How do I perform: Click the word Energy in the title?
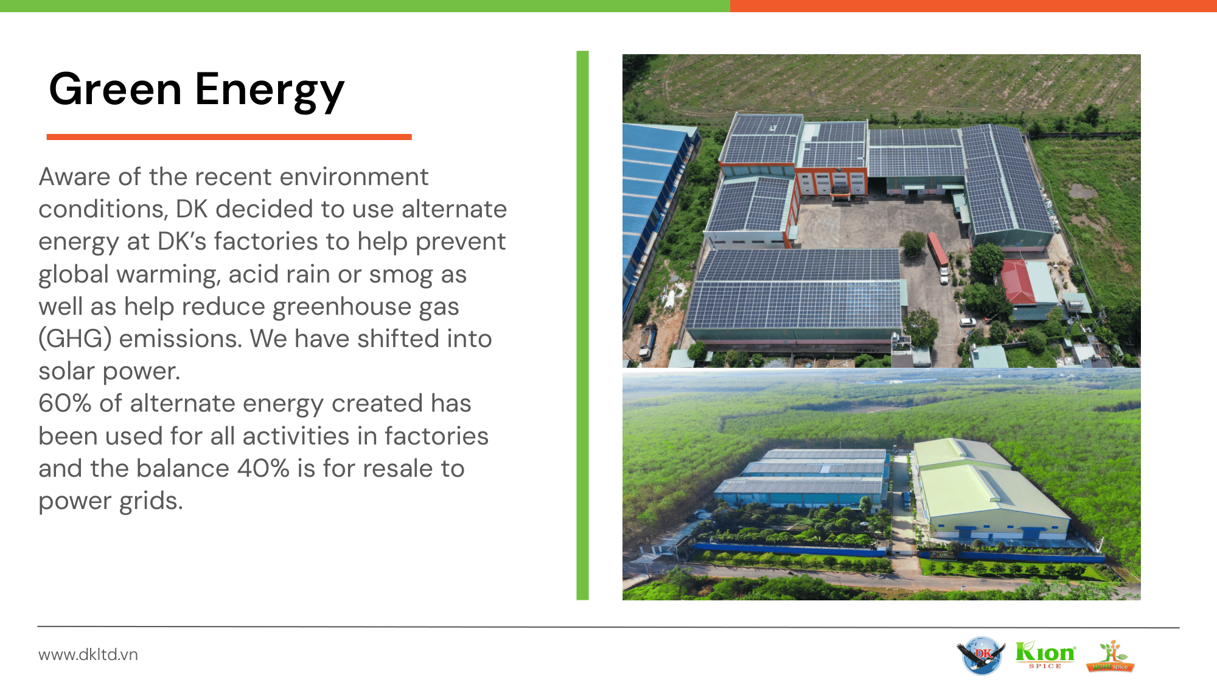(x=270, y=92)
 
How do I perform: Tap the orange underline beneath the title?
(x=229, y=137)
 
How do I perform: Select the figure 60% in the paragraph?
(x=65, y=403)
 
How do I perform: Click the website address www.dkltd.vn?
(x=88, y=655)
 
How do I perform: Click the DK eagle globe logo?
(x=981, y=655)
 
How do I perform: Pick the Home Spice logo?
(x=1111, y=656)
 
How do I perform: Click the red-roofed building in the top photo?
(x=1017, y=282)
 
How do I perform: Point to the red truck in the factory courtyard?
(x=938, y=250)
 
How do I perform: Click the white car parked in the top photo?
(x=968, y=322)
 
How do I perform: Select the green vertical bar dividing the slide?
(x=582, y=325)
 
